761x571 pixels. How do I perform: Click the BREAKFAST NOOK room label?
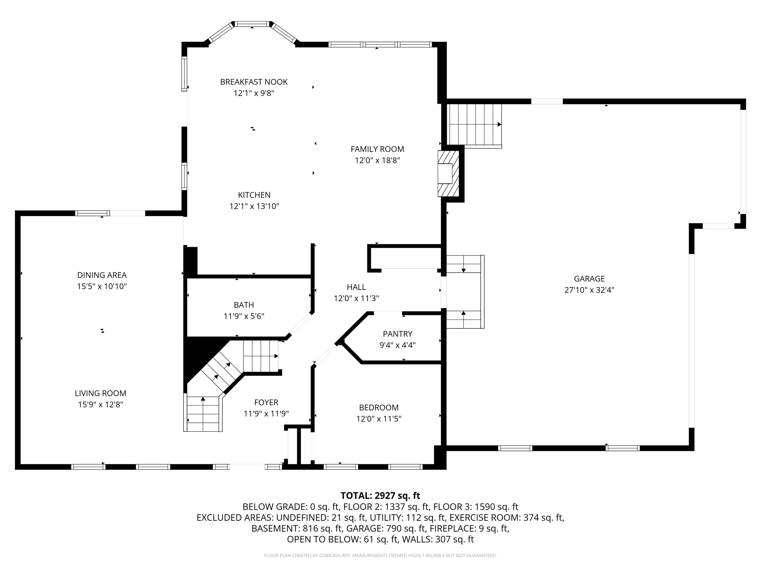(254, 82)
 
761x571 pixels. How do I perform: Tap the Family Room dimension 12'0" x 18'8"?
(377, 160)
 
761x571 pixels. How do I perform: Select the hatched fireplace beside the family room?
(448, 174)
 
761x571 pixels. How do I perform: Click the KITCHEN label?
(254, 195)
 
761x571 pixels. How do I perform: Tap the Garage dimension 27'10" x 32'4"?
(589, 290)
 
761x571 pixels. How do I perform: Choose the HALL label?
(356, 287)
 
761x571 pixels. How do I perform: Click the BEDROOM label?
(378, 408)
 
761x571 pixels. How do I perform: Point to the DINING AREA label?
(102, 275)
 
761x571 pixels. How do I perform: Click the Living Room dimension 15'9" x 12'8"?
(100, 405)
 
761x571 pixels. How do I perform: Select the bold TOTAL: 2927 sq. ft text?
(380, 496)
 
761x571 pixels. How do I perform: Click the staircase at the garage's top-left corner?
(474, 124)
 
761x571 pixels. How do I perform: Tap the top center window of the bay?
(252, 24)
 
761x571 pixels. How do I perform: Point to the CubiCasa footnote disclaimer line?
(380, 556)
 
